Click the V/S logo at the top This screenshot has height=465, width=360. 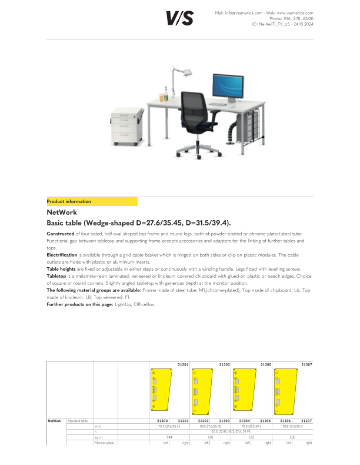[179, 19]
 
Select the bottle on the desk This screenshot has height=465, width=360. [166, 92]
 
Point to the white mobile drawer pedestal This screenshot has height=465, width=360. [127, 127]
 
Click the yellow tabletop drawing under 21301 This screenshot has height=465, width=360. [161, 390]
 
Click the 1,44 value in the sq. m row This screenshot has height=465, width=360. [169, 437]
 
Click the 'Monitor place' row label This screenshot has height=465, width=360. [104, 442]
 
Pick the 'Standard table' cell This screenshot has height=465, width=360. [78, 421]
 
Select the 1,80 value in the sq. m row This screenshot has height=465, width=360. [293, 437]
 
